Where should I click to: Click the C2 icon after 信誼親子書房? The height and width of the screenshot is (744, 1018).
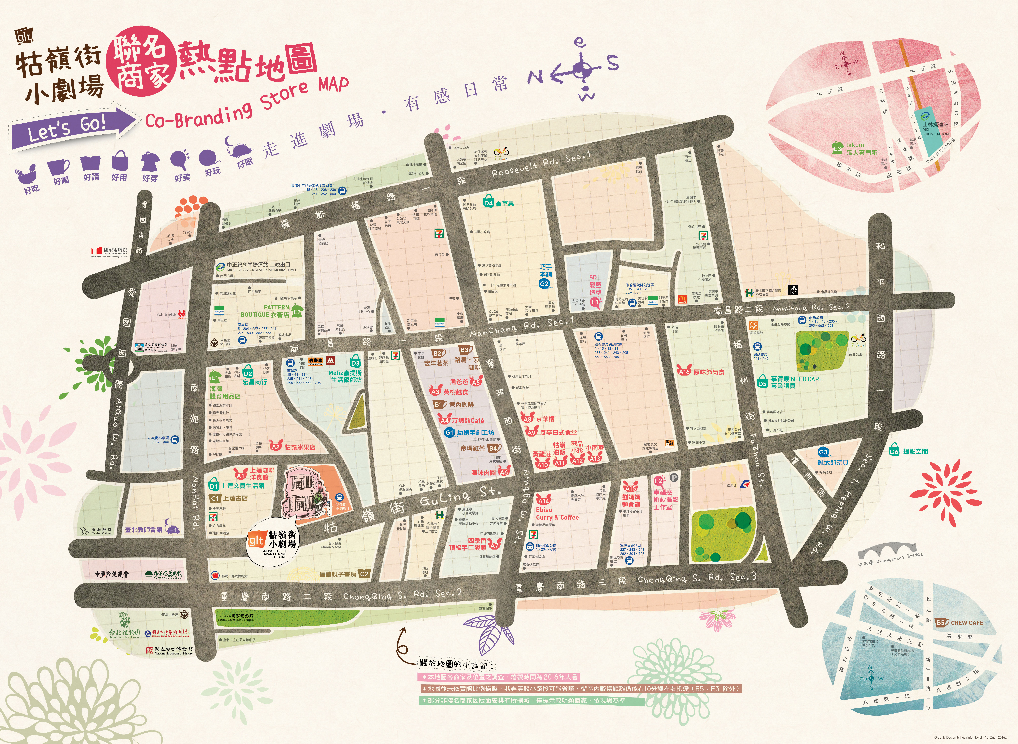coord(364,574)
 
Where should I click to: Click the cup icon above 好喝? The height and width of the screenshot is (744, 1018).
coord(59,167)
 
